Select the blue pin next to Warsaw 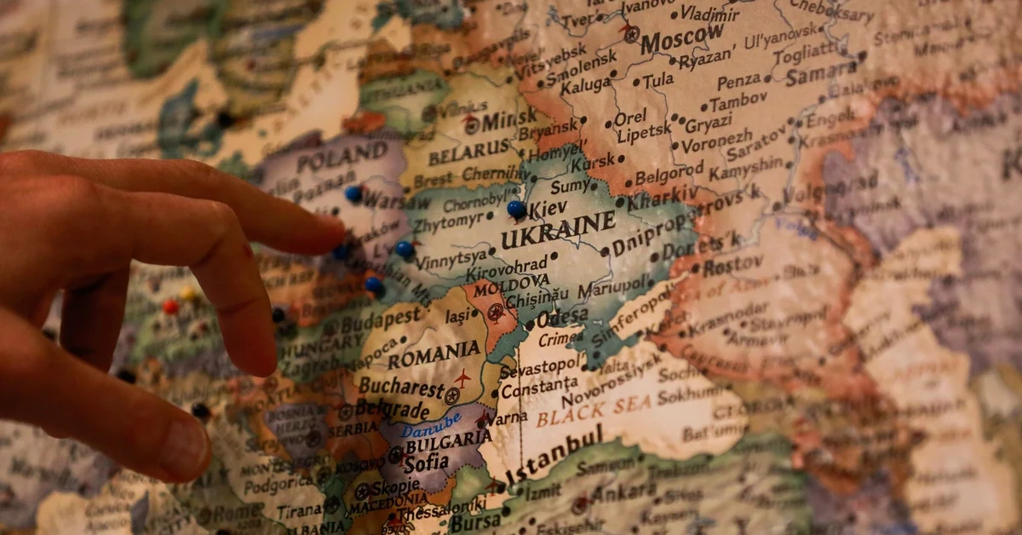click(x=353, y=194)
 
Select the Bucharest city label click(x=400, y=388)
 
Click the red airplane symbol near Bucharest click(x=462, y=377)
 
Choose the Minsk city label click(x=508, y=118)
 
